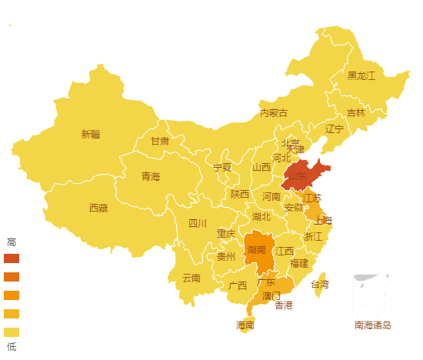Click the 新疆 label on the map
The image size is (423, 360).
(x=91, y=135)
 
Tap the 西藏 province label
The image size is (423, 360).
(x=98, y=208)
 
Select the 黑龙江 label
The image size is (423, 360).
(x=361, y=75)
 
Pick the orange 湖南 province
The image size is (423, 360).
(x=258, y=250)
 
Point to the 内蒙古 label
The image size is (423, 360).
(x=274, y=113)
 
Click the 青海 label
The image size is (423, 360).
(x=151, y=177)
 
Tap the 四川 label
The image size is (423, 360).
(x=198, y=224)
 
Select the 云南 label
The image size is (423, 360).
(x=191, y=278)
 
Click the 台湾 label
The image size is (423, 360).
(x=319, y=285)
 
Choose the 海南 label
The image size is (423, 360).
(x=245, y=325)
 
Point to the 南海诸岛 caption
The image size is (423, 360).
(x=373, y=325)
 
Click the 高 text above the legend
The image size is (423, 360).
(x=11, y=242)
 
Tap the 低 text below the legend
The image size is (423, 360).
(x=11, y=346)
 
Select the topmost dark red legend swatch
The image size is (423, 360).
(x=12, y=258)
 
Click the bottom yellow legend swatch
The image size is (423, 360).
(x=12, y=332)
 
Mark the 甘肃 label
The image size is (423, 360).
(x=160, y=142)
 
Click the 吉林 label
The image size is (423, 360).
(x=356, y=112)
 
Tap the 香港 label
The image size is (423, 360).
(x=284, y=305)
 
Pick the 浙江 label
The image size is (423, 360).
(x=314, y=237)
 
